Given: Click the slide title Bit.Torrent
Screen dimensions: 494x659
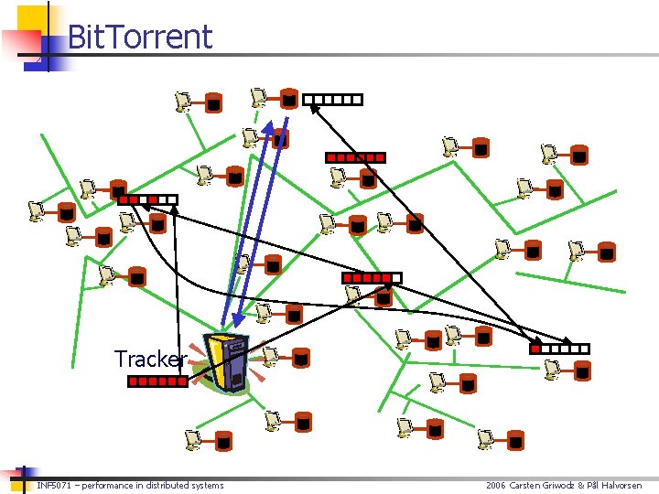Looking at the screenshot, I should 140,37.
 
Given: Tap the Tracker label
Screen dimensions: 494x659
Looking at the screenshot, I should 150,359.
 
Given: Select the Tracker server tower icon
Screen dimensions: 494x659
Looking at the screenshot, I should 226,362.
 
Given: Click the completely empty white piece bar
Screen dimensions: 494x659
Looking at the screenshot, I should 332,100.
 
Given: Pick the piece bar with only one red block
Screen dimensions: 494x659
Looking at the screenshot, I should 560,349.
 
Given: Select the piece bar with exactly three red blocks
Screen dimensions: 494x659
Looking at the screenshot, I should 146,199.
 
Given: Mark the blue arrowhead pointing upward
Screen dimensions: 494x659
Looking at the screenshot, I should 269,127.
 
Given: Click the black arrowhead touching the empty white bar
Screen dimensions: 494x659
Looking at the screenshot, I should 313,108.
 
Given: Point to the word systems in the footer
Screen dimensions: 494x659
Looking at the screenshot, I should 208,485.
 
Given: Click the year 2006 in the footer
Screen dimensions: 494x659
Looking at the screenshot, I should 496,485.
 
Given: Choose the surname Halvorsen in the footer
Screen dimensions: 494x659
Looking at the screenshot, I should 622,485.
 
